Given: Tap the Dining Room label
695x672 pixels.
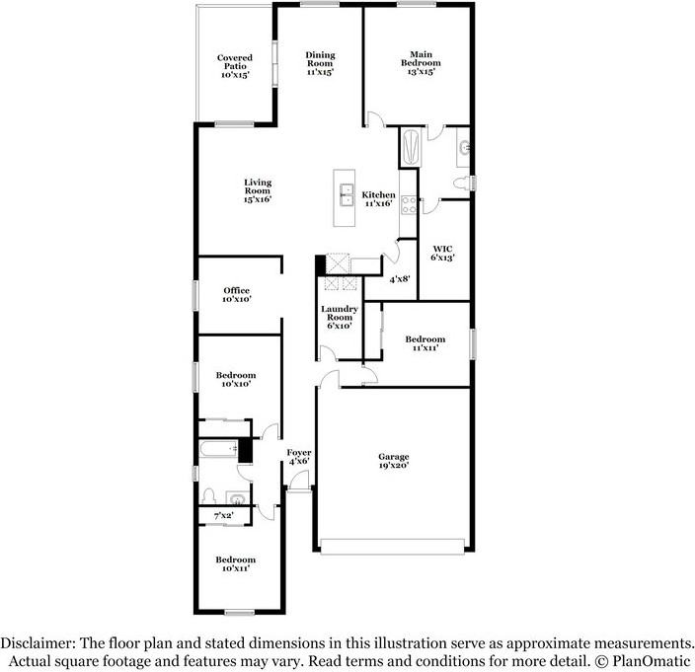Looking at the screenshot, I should point(320,63).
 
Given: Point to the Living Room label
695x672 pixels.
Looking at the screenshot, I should point(258,190).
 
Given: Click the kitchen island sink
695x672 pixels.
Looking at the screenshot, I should point(347,191).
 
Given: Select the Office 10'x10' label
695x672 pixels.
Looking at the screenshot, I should point(236,294).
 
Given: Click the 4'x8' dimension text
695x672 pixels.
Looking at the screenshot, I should point(399,279).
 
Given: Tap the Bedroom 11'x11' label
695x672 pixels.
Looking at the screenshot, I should point(425,343).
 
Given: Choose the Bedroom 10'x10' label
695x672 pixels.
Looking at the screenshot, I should point(236,379).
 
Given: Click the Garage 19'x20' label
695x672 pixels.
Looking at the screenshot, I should point(393,462).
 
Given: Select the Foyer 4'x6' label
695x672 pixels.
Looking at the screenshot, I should point(299,456).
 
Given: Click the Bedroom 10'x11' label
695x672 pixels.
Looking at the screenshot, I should point(236,563).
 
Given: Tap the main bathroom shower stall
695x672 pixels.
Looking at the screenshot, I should point(412,148).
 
